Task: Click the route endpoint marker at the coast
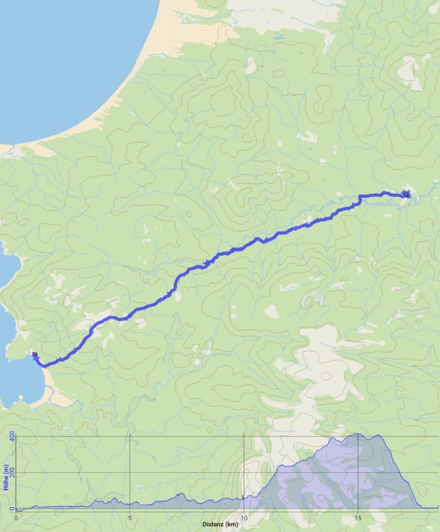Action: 35,354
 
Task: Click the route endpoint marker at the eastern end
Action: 406,195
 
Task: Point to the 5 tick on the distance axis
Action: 130,518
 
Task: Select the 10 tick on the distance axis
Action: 244,518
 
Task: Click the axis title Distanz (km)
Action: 221,525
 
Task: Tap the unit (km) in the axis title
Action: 232,525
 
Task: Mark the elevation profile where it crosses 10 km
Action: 244,499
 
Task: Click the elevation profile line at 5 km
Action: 130,504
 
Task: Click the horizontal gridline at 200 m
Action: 156,473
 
